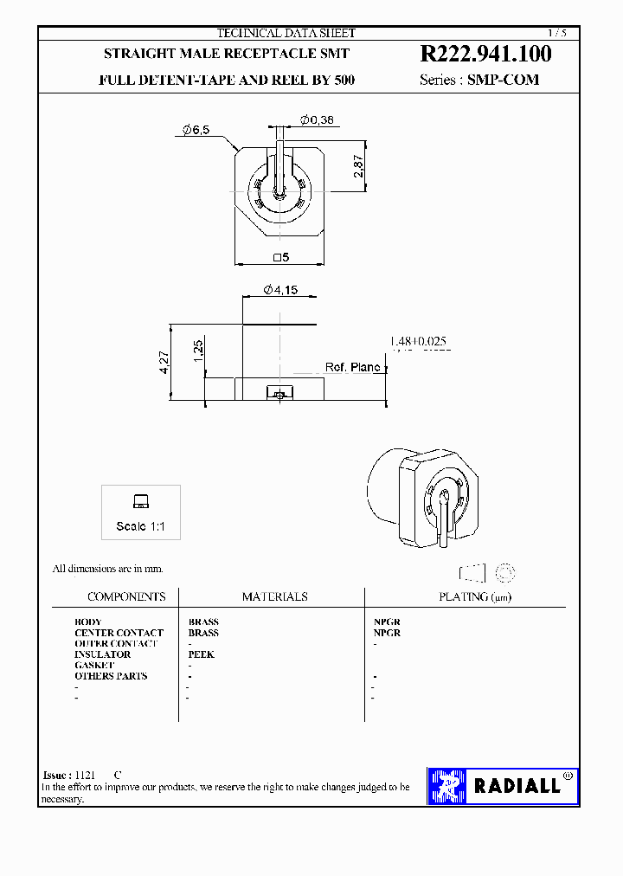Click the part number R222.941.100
coord(485,54)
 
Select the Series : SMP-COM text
coord(478,80)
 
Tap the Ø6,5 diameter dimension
coord(196,130)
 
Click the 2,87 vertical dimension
coord(359,165)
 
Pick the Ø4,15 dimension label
coord(279,290)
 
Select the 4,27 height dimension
coord(164,362)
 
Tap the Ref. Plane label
coord(352,367)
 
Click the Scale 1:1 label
coord(141,526)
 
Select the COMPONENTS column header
coord(126,596)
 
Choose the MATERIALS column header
coord(274,596)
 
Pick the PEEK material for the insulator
coord(201,654)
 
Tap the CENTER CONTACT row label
coord(119,633)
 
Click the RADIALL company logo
coord(503,786)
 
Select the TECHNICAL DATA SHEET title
coord(286,33)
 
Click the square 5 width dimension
coord(279,257)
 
